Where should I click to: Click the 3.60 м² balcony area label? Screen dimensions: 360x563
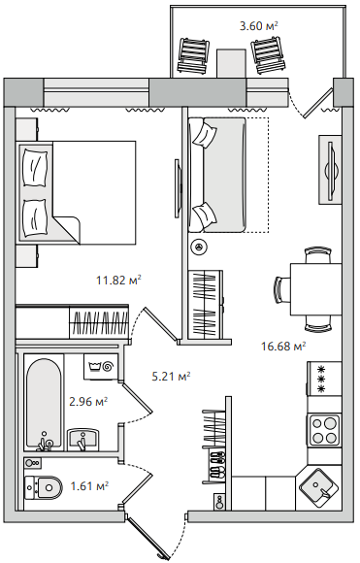point(259,26)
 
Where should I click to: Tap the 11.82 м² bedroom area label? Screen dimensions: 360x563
point(118,280)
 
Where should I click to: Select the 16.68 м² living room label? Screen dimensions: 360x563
point(283,347)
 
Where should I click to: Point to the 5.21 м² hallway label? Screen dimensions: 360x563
point(171,377)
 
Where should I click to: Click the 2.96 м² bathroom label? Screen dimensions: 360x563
point(88,402)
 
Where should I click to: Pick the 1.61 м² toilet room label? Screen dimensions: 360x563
point(89,486)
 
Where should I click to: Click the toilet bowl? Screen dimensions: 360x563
point(43,487)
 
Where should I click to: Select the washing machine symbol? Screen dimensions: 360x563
point(101,367)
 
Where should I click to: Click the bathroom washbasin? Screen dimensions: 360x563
point(82,440)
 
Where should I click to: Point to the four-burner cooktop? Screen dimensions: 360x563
point(324,430)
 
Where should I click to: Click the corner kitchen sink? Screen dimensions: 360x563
point(319,487)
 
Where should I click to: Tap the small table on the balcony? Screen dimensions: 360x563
point(231,63)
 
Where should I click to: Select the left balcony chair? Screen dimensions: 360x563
point(193,55)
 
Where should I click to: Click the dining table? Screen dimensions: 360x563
point(316,289)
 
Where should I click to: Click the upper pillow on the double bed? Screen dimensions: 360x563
point(35,168)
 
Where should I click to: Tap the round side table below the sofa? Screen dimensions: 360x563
point(199,247)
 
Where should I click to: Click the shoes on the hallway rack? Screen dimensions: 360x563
point(216,464)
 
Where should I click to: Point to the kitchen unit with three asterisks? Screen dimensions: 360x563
point(324,379)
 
